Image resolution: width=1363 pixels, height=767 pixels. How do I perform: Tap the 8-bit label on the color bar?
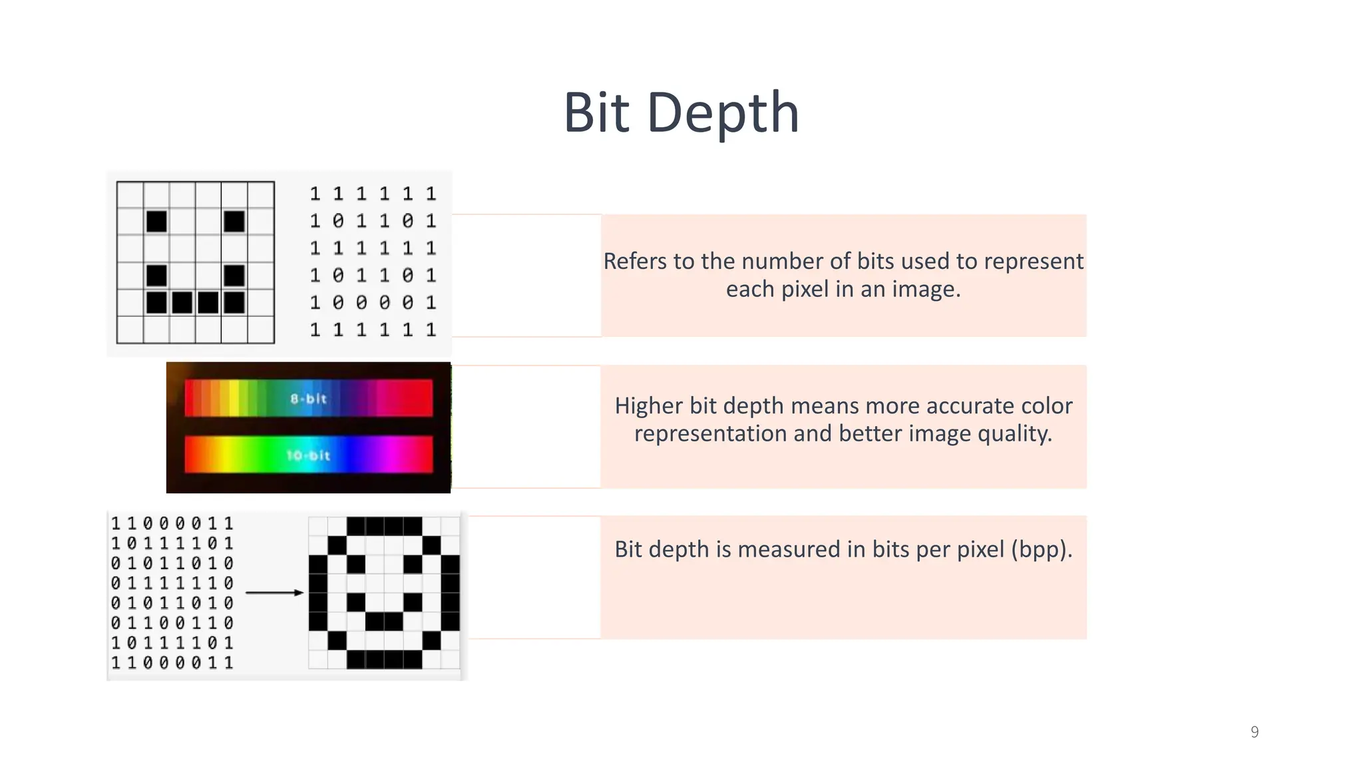[309, 399]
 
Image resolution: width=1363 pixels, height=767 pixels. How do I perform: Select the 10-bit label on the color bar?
[308, 455]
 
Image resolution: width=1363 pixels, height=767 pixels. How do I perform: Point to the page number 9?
[1255, 732]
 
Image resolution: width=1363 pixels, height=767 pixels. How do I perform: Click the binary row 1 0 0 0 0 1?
[373, 303]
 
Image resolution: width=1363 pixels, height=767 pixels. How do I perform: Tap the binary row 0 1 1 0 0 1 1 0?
[172, 623]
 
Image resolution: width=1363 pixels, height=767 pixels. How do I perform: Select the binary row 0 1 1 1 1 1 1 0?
[172, 583]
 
